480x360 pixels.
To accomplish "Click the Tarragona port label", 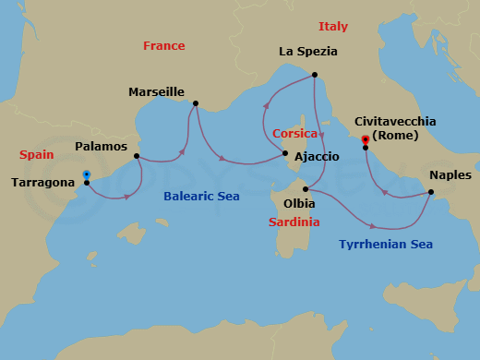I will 42,183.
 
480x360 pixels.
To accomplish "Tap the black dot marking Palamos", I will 137,156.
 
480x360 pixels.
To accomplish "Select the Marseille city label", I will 157,92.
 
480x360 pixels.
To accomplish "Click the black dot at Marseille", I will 196,103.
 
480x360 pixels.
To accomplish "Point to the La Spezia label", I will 308,52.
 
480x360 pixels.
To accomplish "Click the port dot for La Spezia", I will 315,75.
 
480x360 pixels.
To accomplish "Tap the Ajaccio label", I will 317,157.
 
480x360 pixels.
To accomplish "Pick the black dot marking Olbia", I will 305,188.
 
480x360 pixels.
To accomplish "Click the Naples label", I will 450,174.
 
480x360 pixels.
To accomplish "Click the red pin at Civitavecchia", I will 366,140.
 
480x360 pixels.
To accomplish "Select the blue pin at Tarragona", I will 86,174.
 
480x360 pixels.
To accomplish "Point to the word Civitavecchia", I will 395,121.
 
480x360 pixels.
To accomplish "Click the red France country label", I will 164,46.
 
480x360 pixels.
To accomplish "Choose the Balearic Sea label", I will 201,197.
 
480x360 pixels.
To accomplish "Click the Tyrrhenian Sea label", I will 386,245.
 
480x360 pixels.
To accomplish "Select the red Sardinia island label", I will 294,222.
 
